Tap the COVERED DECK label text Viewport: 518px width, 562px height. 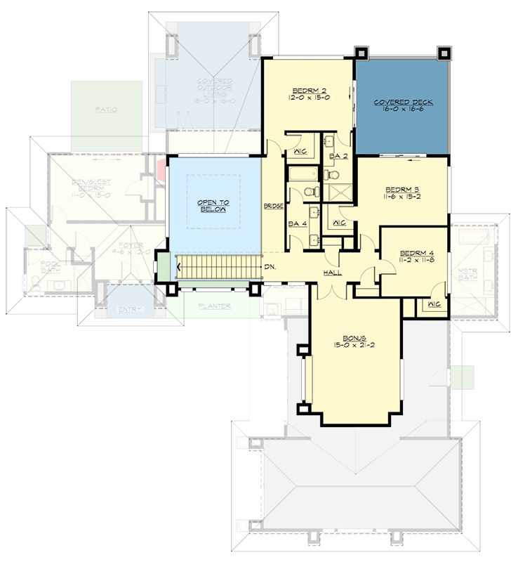[x=403, y=103]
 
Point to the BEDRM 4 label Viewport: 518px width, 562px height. [x=413, y=253]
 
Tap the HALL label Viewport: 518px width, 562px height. [x=332, y=273]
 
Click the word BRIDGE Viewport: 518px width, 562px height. [x=273, y=207]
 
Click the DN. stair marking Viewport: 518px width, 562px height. [x=270, y=267]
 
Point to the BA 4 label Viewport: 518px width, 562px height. [x=297, y=224]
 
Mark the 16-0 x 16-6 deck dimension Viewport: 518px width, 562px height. [x=403, y=110]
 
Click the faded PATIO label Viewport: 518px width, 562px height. [x=107, y=110]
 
